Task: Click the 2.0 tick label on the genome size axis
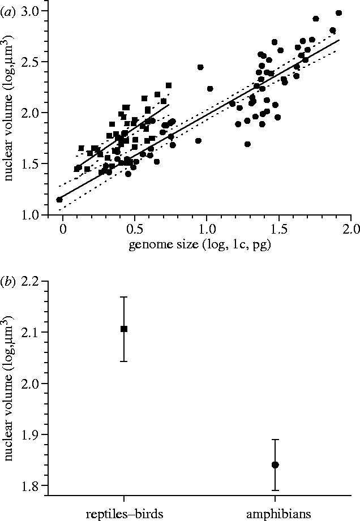pos(351,229)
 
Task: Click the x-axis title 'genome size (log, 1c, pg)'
pos(206,244)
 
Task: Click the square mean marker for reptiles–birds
pos(124,329)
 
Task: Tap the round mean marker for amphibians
pos(275,465)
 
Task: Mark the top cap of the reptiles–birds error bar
pos(124,296)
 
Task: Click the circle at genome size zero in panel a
pos(59,200)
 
